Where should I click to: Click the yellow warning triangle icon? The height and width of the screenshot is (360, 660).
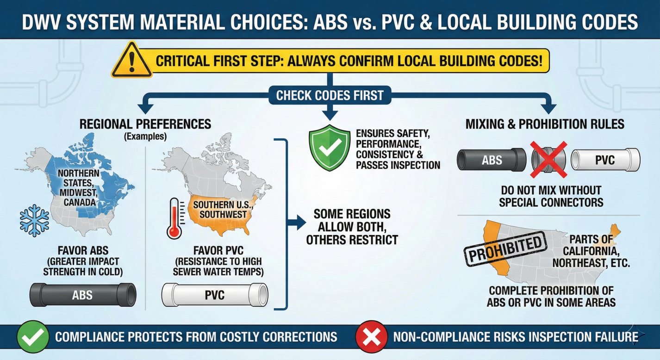pyautogui.click(x=132, y=61)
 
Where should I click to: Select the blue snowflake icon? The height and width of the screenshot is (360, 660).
pyautogui.click(x=34, y=220)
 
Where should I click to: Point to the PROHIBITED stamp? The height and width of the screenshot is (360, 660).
pyautogui.click(x=506, y=248)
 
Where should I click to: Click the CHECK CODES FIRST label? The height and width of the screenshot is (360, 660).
pyautogui.click(x=330, y=96)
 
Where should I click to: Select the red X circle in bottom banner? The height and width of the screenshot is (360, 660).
pyautogui.click(x=372, y=336)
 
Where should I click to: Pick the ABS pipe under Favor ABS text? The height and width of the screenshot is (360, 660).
pyautogui.click(x=82, y=294)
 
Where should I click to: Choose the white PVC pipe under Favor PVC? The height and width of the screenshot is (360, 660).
pyautogui.click(x=215, y=294)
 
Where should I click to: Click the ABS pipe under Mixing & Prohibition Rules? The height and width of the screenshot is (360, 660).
pyautogui.click(x=491, y=160)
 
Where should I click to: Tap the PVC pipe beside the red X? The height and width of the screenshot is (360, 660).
pyautogui.click(x=605, y=160)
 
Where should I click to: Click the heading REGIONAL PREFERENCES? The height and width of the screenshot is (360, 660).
pyautogui.click(x=145, y=124)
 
